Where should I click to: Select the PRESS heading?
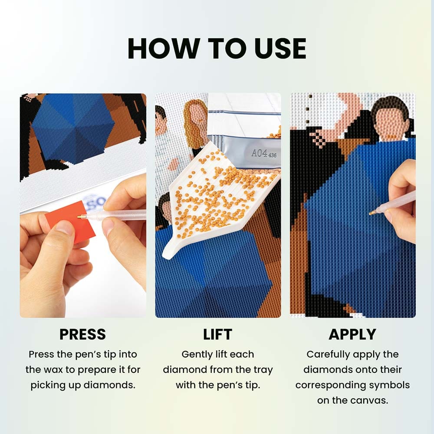[x=82, y=334]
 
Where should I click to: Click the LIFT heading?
[x=217, y=334]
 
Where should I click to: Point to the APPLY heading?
[x=352, y=334]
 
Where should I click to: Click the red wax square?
[x=70, y=222]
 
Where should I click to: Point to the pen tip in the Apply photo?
[x=371, y=214]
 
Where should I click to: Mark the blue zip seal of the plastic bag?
[x=245, y=112]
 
